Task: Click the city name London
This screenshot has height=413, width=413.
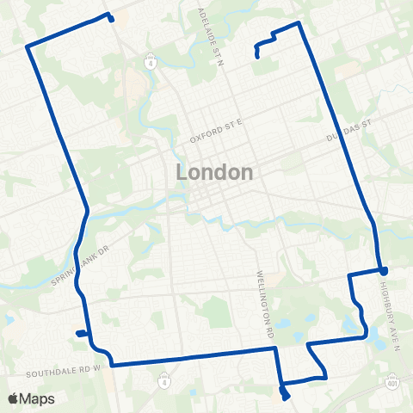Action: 214,172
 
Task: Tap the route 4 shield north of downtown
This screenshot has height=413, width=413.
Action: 151,63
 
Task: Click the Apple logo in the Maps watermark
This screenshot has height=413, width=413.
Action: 15,398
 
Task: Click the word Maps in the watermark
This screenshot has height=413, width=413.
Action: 38,398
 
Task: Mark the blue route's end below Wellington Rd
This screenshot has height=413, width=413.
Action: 285,397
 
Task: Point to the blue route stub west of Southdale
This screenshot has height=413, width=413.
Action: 78,333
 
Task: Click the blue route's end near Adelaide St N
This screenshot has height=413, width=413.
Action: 257,58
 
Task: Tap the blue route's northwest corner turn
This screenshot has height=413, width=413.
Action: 28,46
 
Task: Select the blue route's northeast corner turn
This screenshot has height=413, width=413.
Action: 298,23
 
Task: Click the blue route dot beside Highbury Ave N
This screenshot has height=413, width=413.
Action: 384,270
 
